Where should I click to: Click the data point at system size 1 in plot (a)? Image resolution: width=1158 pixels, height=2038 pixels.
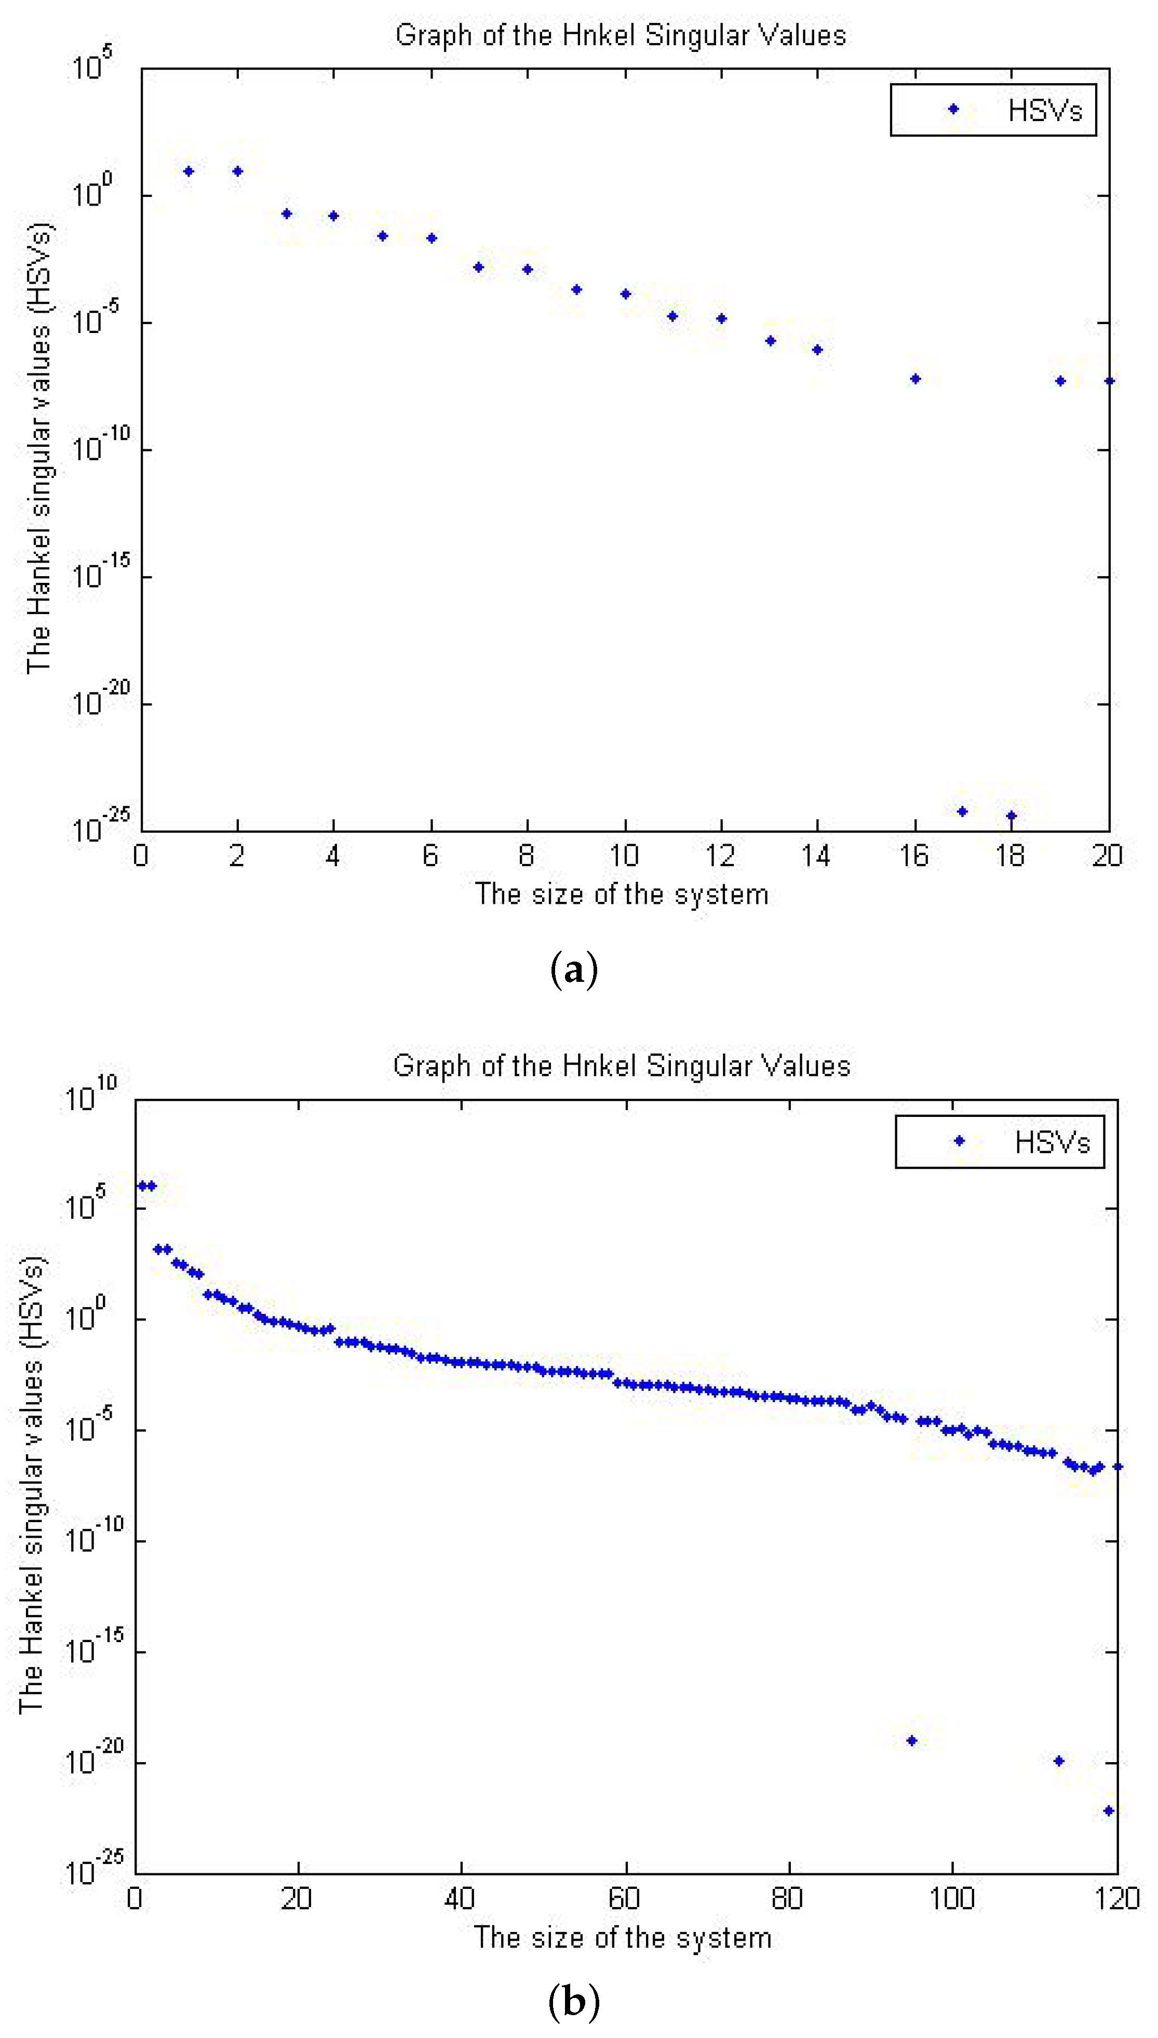pyautogui.click(x=188, y=171)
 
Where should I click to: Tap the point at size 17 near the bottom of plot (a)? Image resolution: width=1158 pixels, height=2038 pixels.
pyautogui.click(x=962, y=811)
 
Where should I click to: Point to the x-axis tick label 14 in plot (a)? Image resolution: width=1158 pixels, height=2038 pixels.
pyautogui.click(x=816, y=856)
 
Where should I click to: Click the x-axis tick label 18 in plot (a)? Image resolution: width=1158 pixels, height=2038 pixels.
pyautogui.click(x=1010, y=856)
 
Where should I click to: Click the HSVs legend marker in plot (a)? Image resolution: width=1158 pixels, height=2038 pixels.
pyautogui.click(x=953, y=109)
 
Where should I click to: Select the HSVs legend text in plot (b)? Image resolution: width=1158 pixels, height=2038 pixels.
pyautogui.click(x=1052, y=1142)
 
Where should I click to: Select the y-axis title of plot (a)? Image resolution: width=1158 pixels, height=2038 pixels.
pyautogui.click(x=38, y=448)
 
